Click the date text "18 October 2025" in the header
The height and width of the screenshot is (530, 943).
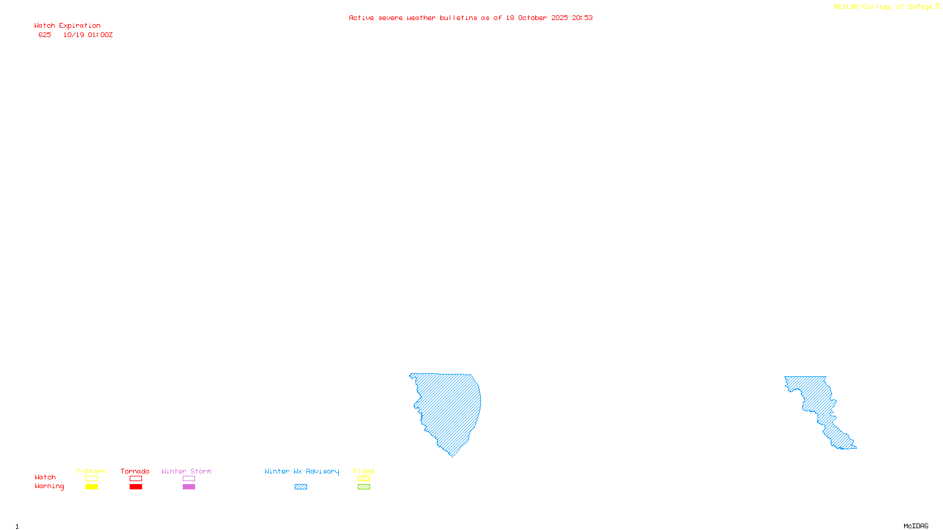536,18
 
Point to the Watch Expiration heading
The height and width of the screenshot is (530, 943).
67,26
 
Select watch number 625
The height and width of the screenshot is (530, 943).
45,35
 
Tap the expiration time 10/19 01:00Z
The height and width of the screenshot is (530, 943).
88,35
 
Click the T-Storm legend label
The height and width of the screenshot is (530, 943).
91,471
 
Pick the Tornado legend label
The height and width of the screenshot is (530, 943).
135,471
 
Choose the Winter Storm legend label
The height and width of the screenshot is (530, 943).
186,471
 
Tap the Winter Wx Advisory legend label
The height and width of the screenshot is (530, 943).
302,471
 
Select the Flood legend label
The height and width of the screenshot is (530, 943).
364,471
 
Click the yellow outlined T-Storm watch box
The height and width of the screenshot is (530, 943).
91,479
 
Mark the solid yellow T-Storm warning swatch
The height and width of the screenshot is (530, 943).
91,487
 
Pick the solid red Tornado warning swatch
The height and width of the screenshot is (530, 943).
136,487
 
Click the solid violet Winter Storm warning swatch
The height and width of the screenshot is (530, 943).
189,487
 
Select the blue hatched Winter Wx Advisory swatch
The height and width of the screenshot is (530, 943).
301,487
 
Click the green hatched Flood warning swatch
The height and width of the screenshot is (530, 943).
364,487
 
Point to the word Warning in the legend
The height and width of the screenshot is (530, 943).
49,486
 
